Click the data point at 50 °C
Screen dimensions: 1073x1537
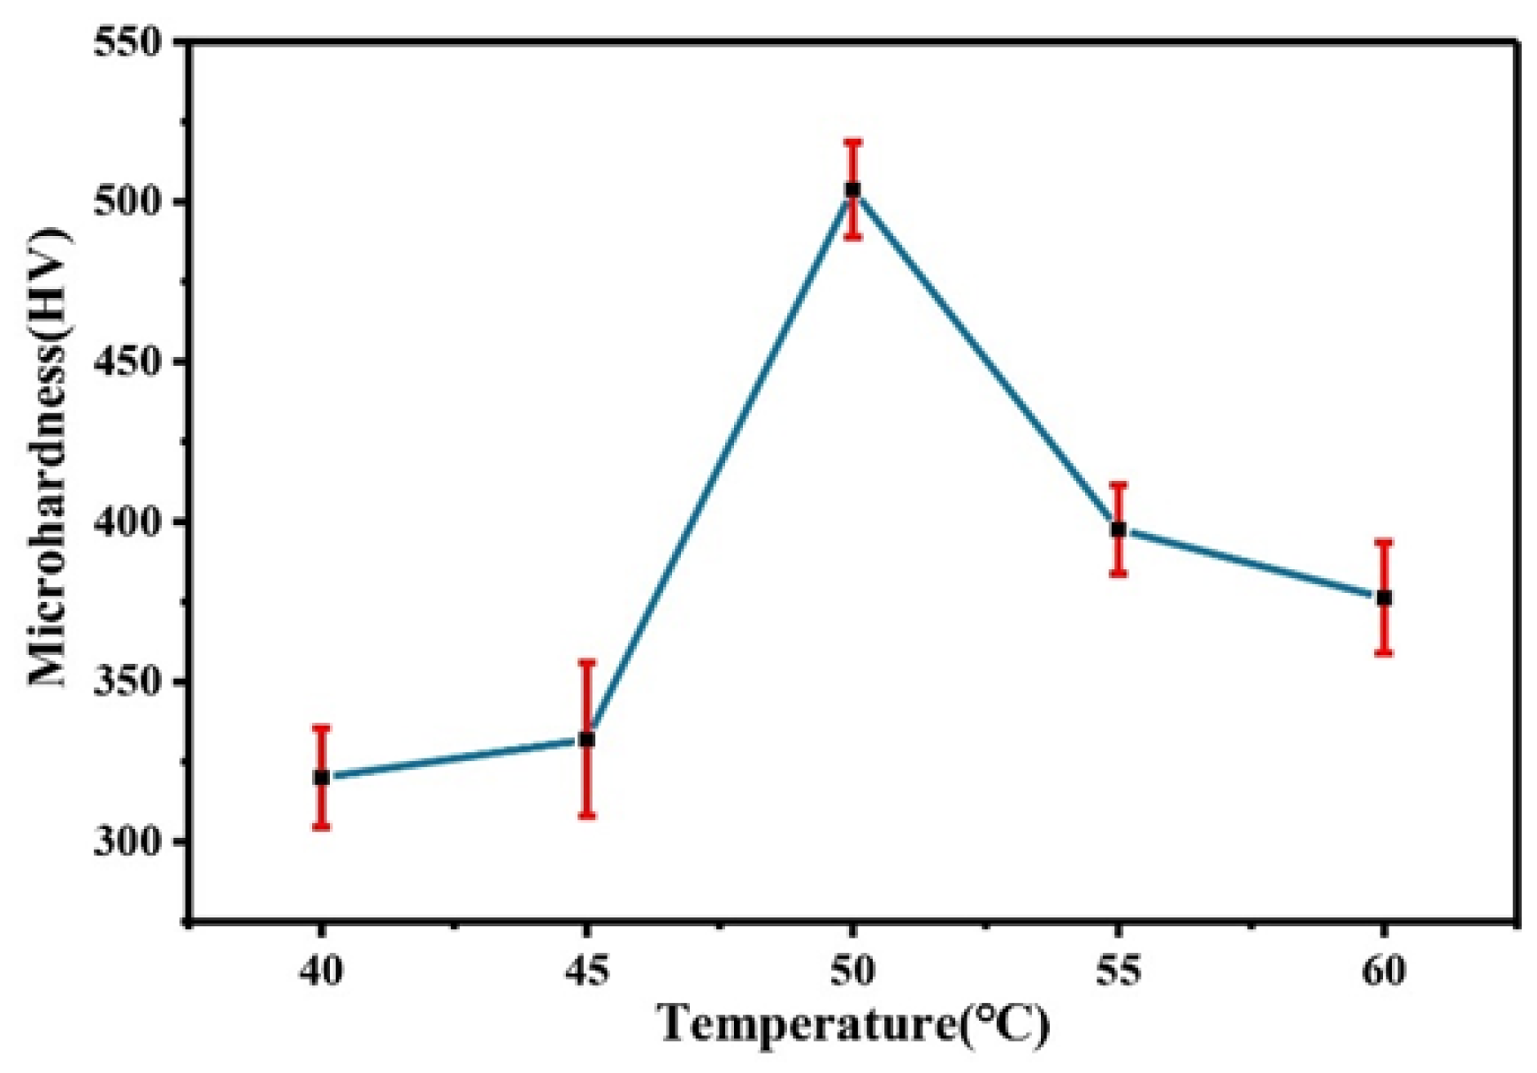pos(853,189)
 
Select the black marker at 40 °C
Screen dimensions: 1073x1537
pos(322,778)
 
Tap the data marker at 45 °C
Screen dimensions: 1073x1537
pos(587,739)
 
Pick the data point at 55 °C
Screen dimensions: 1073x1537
pos(1119,529)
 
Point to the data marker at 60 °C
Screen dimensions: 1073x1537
pos(1384,598)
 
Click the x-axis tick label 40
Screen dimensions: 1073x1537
pos(322,971)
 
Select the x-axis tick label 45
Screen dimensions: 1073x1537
pos(587,971)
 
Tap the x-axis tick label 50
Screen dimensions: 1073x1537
pos(853,971)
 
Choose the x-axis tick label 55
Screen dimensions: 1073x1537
pos(1119,971)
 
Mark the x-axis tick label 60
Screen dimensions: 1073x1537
pos(1384,971)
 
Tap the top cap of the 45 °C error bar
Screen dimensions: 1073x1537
pos(587,661)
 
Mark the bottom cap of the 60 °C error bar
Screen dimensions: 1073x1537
pos(1384,653)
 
